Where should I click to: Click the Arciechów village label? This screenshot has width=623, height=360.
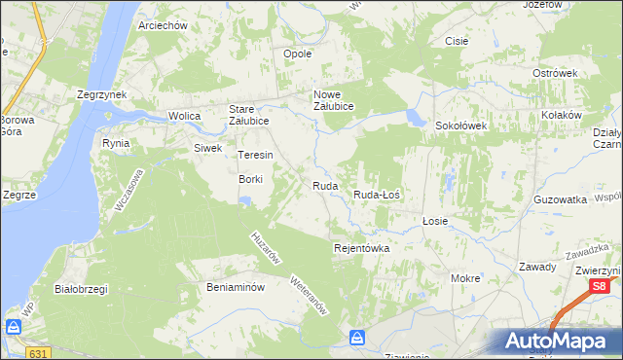(x=163, y=25)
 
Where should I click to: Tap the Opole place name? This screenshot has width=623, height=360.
(x=297, y=54)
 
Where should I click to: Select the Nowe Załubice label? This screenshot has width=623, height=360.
(x=332, y=100)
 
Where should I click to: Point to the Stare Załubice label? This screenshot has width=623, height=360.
(x=248, y=115)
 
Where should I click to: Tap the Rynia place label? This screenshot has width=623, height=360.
(x=116, y=143)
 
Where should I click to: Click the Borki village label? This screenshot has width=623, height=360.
(x=252, y=179)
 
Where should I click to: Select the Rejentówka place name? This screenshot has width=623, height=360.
(x=361, y=248)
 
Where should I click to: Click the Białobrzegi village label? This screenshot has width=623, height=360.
(x=81, y=289)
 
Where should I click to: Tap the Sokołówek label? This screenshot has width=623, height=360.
(x=460, y=126)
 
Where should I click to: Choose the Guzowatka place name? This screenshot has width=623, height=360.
(x=560, y=198)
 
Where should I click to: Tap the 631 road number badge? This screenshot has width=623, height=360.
(x=38, y=352)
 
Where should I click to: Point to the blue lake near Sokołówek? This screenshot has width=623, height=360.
(x=417, y=119)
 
